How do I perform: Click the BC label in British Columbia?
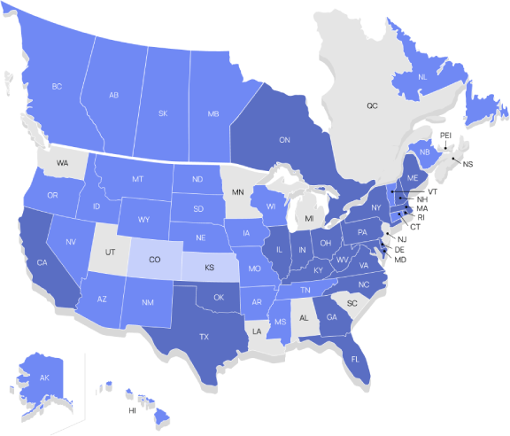click(57, 87)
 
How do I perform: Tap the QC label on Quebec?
click(373, 105)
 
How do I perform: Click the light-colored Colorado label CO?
click(154, 260)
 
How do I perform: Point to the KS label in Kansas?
click(210, 266)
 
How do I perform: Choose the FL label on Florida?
click(355, 359)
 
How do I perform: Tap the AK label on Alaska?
click(44, 378)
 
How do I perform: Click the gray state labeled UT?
click(111, 253)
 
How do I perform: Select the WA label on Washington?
click(62, 163)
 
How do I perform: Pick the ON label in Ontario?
click(284, 140)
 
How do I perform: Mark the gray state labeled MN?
click(237, 192)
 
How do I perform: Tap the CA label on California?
click(42, 262)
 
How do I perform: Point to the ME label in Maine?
click(411, 177)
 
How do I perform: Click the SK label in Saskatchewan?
click(163, 114)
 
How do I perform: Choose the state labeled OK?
click(219, 297)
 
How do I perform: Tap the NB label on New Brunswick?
click(425, 152)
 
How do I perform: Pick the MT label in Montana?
click(138, 179)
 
